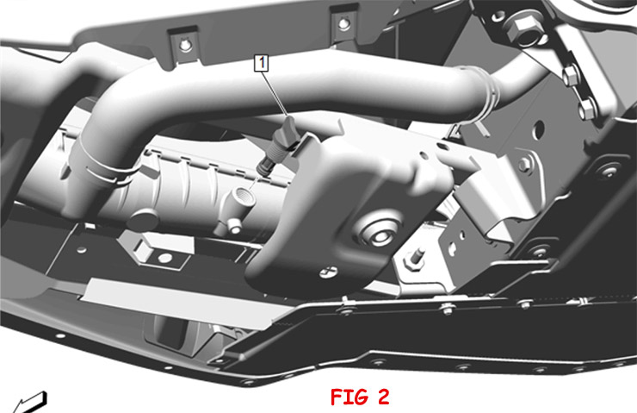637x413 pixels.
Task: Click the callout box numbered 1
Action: coord(261,63)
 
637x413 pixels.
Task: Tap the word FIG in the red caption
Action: coord(348,397)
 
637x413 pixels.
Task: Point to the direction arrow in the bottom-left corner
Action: coord(29,403)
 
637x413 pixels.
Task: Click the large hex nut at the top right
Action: coord(521,29)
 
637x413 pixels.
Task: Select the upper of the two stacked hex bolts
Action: coord(572,76)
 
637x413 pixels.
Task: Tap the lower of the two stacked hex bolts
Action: coord(586,109)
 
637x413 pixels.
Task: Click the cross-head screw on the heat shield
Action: coord(329,272)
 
